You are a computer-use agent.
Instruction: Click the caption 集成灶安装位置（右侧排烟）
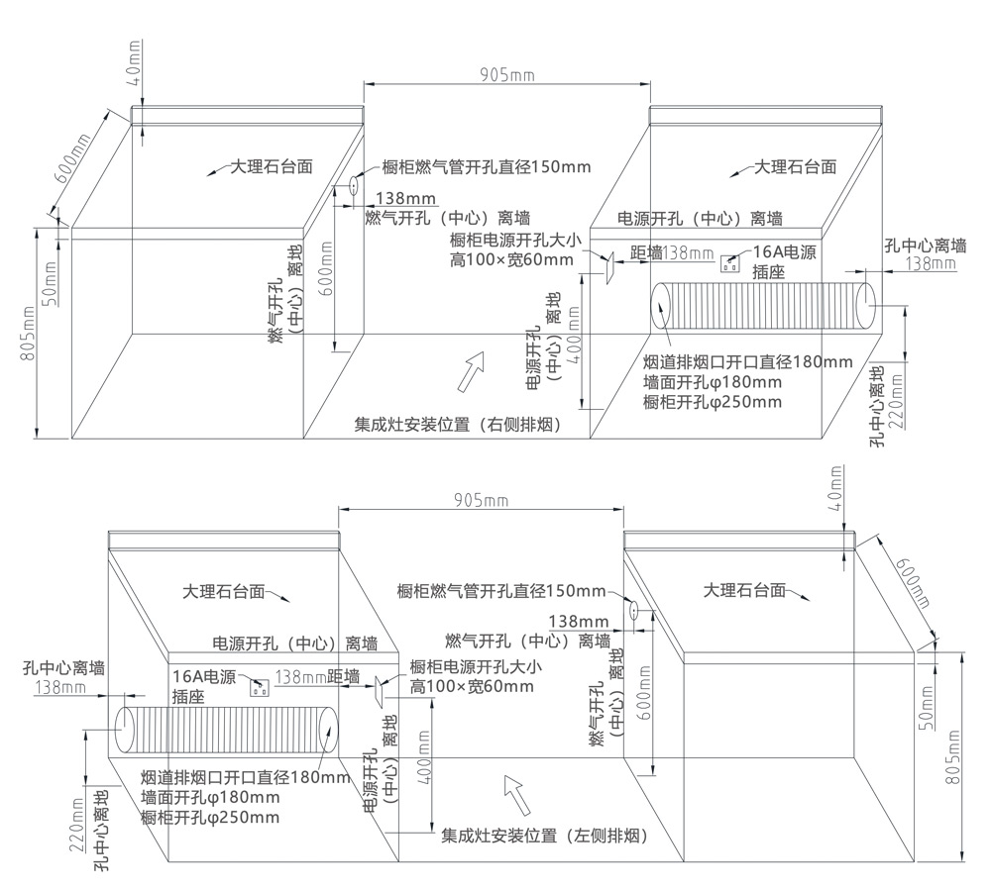tap(459, 426)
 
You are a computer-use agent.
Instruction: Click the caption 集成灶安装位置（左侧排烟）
tap(544, 836)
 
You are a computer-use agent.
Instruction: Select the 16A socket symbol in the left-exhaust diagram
tap(262, 687)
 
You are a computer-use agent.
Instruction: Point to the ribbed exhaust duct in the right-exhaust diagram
tap(763, 307)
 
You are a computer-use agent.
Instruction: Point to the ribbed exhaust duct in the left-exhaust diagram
tap(228, 730)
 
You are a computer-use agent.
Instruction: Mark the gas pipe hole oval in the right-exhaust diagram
tap(354, 184)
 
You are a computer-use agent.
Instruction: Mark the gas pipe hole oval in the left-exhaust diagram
tap(631, 609)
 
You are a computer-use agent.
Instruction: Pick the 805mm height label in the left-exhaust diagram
tap(953, 757)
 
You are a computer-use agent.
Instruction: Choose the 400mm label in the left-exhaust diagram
tap(424, 757)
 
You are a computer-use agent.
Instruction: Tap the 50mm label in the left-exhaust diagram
tap(926, 705)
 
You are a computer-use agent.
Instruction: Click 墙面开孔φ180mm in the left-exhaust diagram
tap(210, 797)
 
